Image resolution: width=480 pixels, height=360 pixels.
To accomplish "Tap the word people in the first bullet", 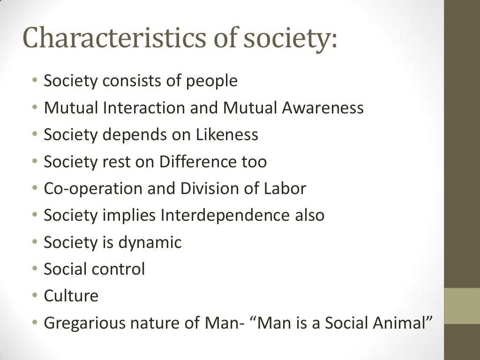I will tap(212, 82).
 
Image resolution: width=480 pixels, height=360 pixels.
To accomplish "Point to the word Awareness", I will tap(322, 108).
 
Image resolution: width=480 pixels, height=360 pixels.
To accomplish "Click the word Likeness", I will tap(227, 135).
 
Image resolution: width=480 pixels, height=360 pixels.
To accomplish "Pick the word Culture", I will tap(71, 296).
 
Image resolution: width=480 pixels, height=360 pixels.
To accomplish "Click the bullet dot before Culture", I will tap(35, 296).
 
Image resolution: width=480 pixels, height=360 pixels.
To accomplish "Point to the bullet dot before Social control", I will tap(35, 270).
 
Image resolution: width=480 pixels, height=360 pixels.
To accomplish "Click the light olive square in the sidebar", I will tap(462, 306).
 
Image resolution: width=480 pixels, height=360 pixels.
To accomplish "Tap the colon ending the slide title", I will tap(333, 41).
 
